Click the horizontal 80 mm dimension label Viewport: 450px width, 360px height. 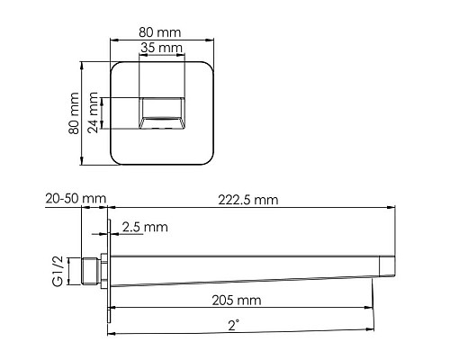160,32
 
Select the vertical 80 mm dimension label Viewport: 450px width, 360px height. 74,113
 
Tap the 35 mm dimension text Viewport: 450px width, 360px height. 161,48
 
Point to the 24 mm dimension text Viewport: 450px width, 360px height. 93,112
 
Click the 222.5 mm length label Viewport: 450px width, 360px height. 248,200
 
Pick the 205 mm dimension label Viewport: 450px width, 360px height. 237,301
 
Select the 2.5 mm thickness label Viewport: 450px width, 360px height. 145,227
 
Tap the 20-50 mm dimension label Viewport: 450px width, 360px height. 76,199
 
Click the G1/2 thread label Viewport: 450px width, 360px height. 58,271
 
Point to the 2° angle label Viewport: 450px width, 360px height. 234,325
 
